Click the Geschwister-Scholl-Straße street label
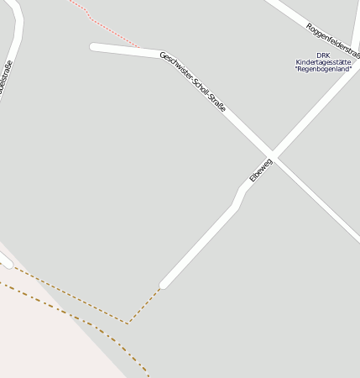(193, 82)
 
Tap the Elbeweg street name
(261, 170)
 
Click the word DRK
(323, 55)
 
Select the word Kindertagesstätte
(323, 62)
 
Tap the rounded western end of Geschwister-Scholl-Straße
(94, 47)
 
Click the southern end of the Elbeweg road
(164, 285)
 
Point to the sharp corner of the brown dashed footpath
(128, 323)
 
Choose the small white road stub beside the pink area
(5, 261)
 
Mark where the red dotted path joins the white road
(139, 49)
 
